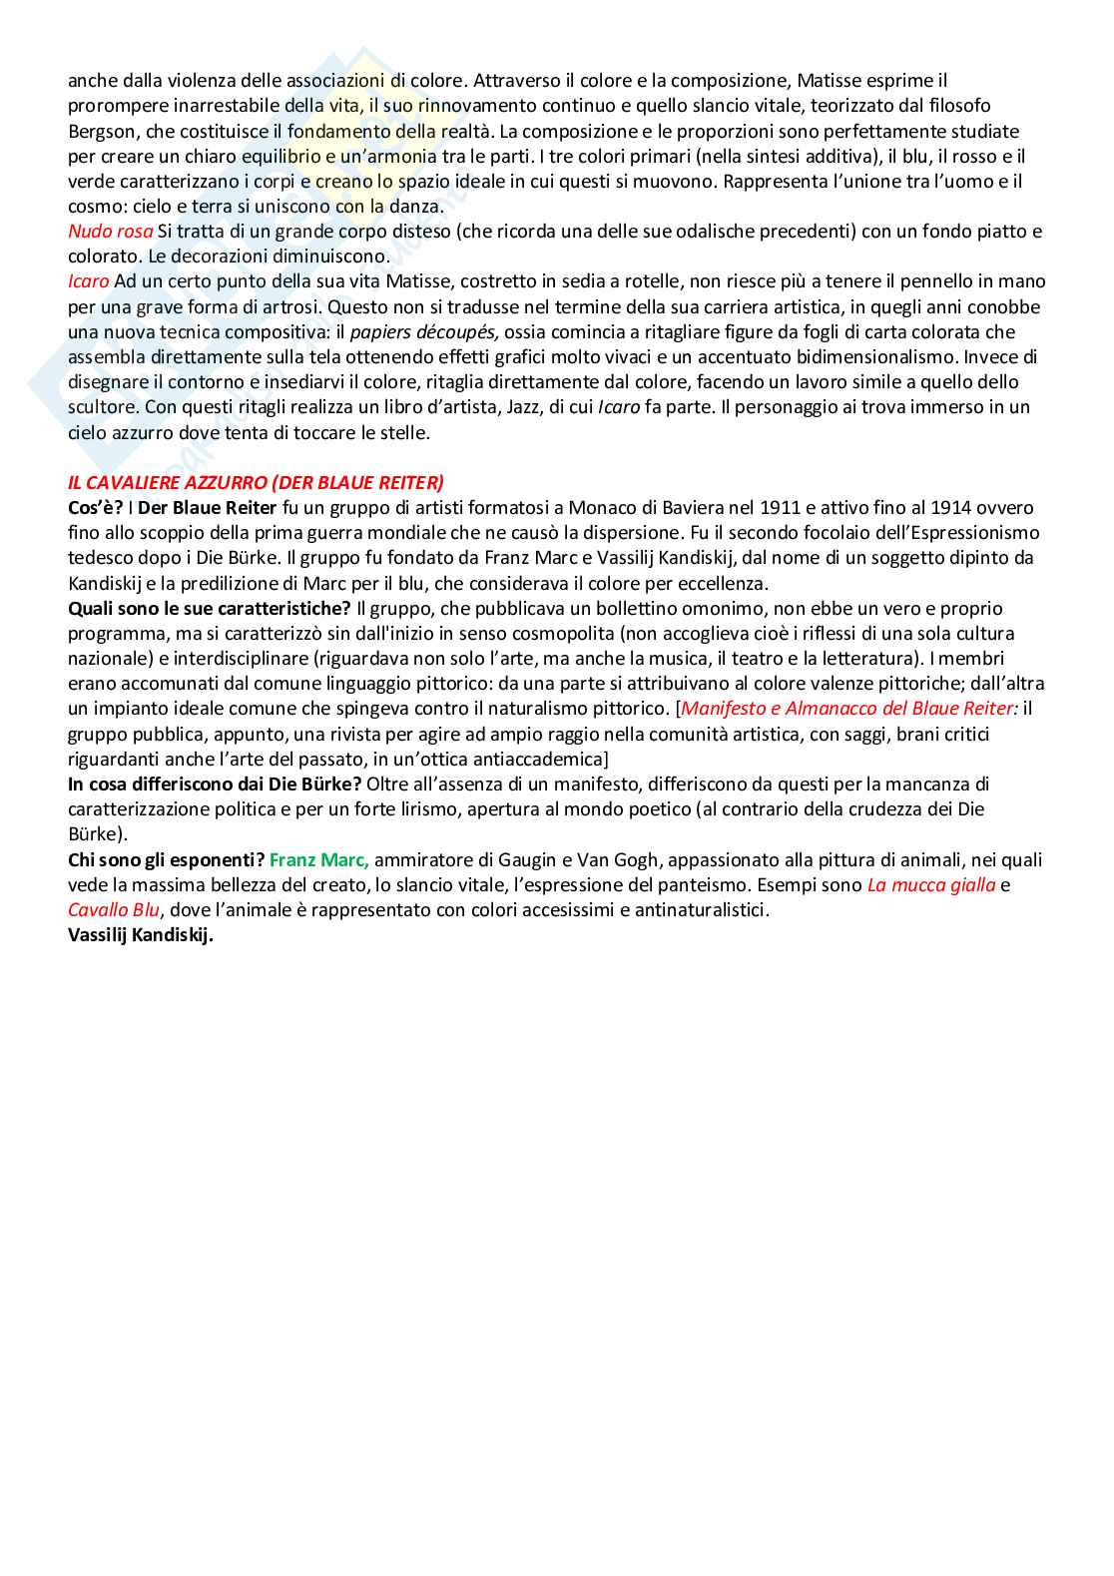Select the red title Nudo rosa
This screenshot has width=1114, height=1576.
pyautogui.click(x=110, y=232)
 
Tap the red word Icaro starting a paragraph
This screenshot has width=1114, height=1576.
pyautogui.click(x=88, y=281)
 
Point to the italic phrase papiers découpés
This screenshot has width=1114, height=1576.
pyautogui.click(x=424, y=332)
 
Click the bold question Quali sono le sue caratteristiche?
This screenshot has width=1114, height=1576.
pyautogui.click(x=210, y=609)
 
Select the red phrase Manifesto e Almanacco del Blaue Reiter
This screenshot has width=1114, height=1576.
pyautogui.click(x=849, y=709)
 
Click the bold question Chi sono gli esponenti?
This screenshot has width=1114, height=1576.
pyautogui.click(x=166, y=859)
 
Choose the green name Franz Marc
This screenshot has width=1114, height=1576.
pyautogui.click(x=319, y=859)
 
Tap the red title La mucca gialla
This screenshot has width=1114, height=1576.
pyautogui.click(x=931, y=885)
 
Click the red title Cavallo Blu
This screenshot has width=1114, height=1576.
pyautogui.click(x=114, y=910)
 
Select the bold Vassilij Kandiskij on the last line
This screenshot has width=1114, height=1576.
pyautogui.click(x=141, y=935)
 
